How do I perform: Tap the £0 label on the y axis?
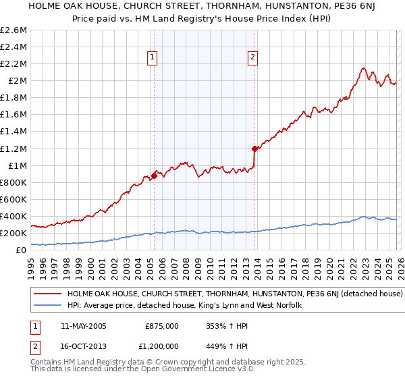coord(22,250)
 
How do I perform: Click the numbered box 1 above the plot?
coord(153,58)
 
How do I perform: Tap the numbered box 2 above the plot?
coord(253,58)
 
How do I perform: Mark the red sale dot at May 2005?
coord(154,176)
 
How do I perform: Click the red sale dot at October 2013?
coord(254,148)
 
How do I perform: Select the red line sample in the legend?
coord(49,294)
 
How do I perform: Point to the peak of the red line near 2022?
coord(363,68)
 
